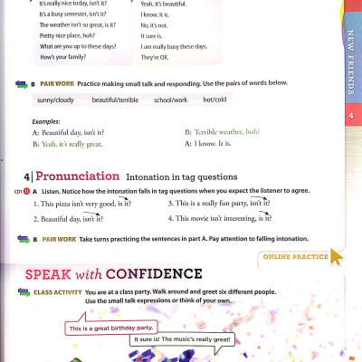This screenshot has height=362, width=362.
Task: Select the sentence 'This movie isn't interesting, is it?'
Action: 219,219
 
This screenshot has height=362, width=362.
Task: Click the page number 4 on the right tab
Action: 349,117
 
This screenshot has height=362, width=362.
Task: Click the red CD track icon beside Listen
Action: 28,192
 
